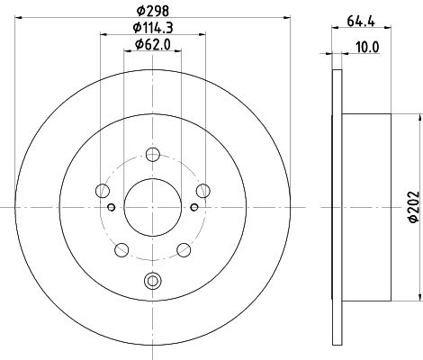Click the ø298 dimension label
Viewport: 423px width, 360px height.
point(153,11)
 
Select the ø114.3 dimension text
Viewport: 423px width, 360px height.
point(153,28)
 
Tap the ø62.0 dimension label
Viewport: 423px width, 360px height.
point(153,45)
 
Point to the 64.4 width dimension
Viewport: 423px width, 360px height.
point(361,22)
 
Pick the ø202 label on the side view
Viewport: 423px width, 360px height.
point(414,207)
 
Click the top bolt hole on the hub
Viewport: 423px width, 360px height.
point(153,155)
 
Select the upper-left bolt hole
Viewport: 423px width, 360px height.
point(103,191)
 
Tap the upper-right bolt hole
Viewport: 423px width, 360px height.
point(203,191)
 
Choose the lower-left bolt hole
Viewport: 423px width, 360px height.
point(121,250)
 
